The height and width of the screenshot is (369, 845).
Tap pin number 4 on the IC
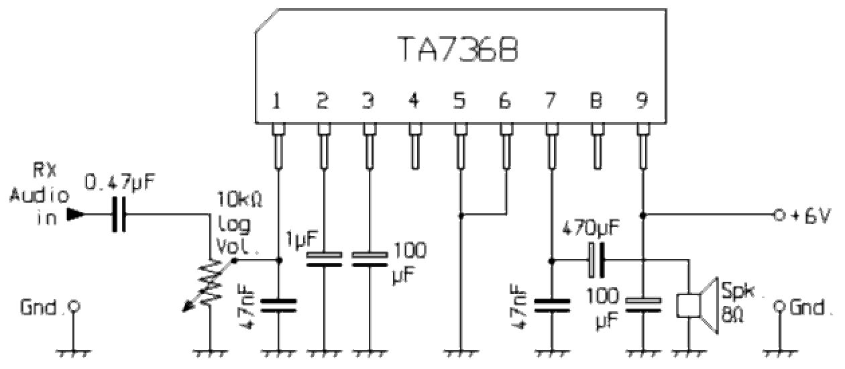coord(414,101)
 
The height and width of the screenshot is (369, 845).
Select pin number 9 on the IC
coord(642,101)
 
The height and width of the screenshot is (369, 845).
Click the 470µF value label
coord(591,227)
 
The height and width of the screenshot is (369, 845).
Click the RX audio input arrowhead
coord(76,215)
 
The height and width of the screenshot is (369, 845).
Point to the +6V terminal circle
coord(778,215)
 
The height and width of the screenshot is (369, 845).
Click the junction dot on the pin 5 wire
coord(460,215)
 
